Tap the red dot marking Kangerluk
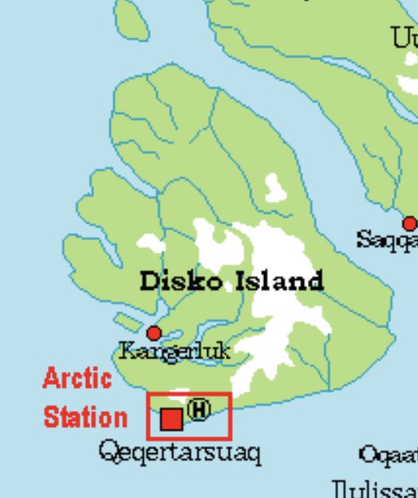(x=154, y=333)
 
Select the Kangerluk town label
(x=174, y=350)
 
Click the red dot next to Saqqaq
(x=409, y=223)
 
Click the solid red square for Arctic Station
(x=172, y=419)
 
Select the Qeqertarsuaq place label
(x=179, y=453)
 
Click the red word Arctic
(x=77, y=378)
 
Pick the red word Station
(x=85, y=417)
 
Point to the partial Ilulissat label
(x=374, y=488)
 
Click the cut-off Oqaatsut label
(x=388, y=456)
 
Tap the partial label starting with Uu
(x=404, y=38)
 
